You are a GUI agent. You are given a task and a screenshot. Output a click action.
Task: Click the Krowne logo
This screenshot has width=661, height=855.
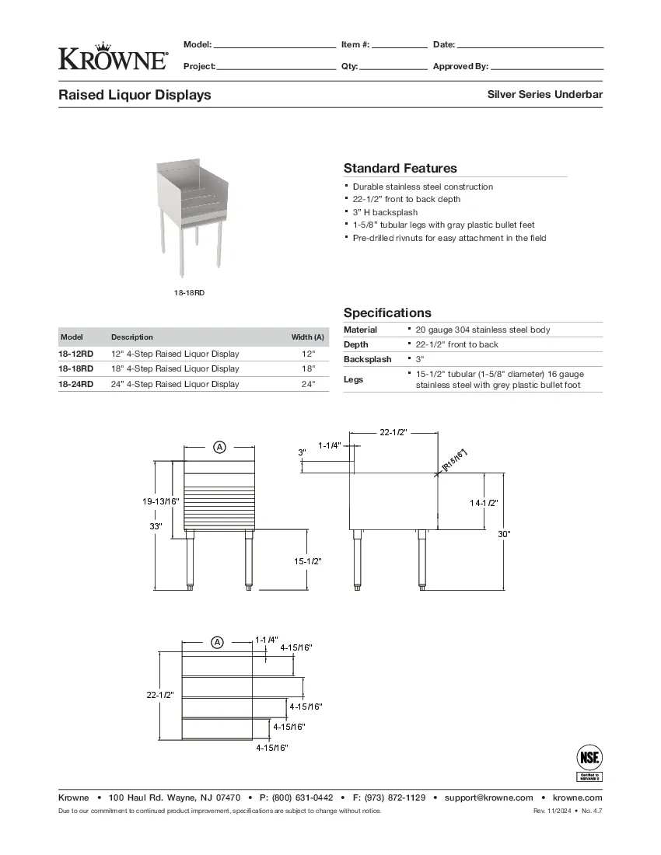(x=112, y=56)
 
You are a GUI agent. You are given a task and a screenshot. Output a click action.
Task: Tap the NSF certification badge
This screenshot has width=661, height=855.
(x=589, y=763)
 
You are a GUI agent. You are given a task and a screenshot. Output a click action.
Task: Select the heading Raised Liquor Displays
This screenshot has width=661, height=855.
(x=135, y=96)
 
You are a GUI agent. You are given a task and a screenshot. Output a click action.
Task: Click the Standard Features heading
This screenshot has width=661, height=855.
(x=400, y=168)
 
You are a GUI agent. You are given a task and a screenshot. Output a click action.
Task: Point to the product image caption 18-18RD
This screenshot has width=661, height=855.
(x=189, y=293)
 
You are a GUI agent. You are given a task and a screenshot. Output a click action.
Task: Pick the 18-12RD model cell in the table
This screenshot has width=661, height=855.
(x=76, y=354)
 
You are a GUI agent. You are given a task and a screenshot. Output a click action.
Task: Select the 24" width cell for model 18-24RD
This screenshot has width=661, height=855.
(x=308, y=384)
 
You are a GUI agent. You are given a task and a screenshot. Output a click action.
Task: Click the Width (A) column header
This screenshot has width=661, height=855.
(x=307, y=337)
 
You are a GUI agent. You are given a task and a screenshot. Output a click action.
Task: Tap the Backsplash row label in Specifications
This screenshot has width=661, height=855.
(x=368, y=360)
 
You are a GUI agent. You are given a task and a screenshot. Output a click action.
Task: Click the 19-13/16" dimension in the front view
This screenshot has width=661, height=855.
(x=161, y=502)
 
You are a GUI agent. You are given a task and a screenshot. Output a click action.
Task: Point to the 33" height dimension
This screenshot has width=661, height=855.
(x=156, y=527)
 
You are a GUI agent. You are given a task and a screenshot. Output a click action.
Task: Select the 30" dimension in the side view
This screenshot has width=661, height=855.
(x=504, y=533)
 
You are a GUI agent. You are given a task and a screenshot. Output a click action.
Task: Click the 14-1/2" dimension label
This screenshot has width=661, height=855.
(x=484, y=503)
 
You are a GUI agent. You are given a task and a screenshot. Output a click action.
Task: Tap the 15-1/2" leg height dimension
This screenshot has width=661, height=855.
(x=307, y=561)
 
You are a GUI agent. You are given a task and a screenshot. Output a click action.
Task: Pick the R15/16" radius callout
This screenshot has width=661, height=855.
(x=455, y=459)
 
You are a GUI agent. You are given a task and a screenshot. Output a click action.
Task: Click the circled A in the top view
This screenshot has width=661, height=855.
(x=218, y=642)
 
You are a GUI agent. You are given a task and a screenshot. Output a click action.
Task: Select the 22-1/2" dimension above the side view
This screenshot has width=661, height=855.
(x=393, y=432)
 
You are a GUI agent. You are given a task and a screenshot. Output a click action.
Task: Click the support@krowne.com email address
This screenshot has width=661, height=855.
(x=488, y=797)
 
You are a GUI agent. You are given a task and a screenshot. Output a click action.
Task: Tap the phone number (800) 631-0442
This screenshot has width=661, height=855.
(x=303, y=797)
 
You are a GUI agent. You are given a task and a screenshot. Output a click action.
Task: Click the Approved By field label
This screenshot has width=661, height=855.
(x=460, y=67)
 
